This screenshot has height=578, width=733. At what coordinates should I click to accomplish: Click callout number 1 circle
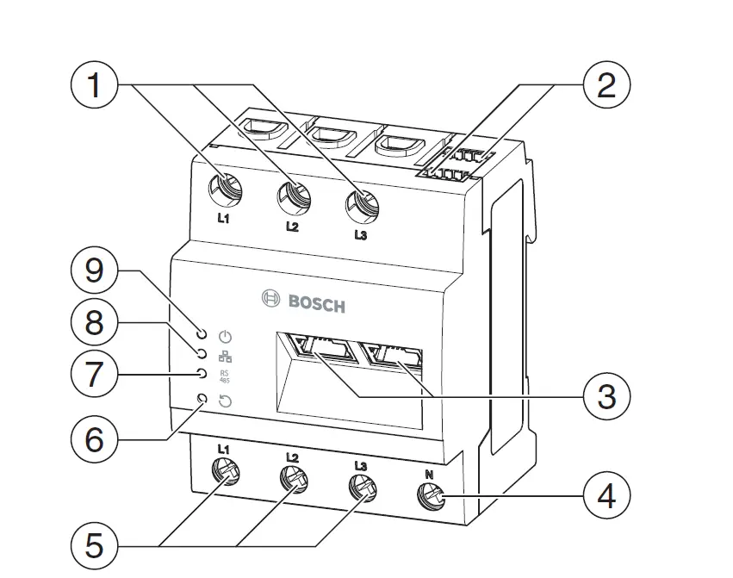[x=94, y=86]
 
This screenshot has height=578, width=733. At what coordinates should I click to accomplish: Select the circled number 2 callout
[x=606, y=86]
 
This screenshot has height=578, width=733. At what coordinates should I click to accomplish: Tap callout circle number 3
[x=606, y=397]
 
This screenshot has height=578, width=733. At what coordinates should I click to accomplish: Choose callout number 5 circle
[x=94, y=545]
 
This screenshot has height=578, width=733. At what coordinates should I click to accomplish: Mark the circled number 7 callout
[x=94, y=376]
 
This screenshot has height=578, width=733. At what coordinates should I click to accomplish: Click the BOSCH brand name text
[x=316, y=303]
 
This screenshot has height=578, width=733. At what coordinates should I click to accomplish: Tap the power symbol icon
[x=227, y=337]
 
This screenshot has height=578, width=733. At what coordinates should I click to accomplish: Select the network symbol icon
[x=227, y=356]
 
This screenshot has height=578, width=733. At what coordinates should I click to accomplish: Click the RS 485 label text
[x=227, y=376]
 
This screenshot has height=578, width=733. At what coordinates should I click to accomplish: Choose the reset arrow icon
[x=227, y=401]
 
